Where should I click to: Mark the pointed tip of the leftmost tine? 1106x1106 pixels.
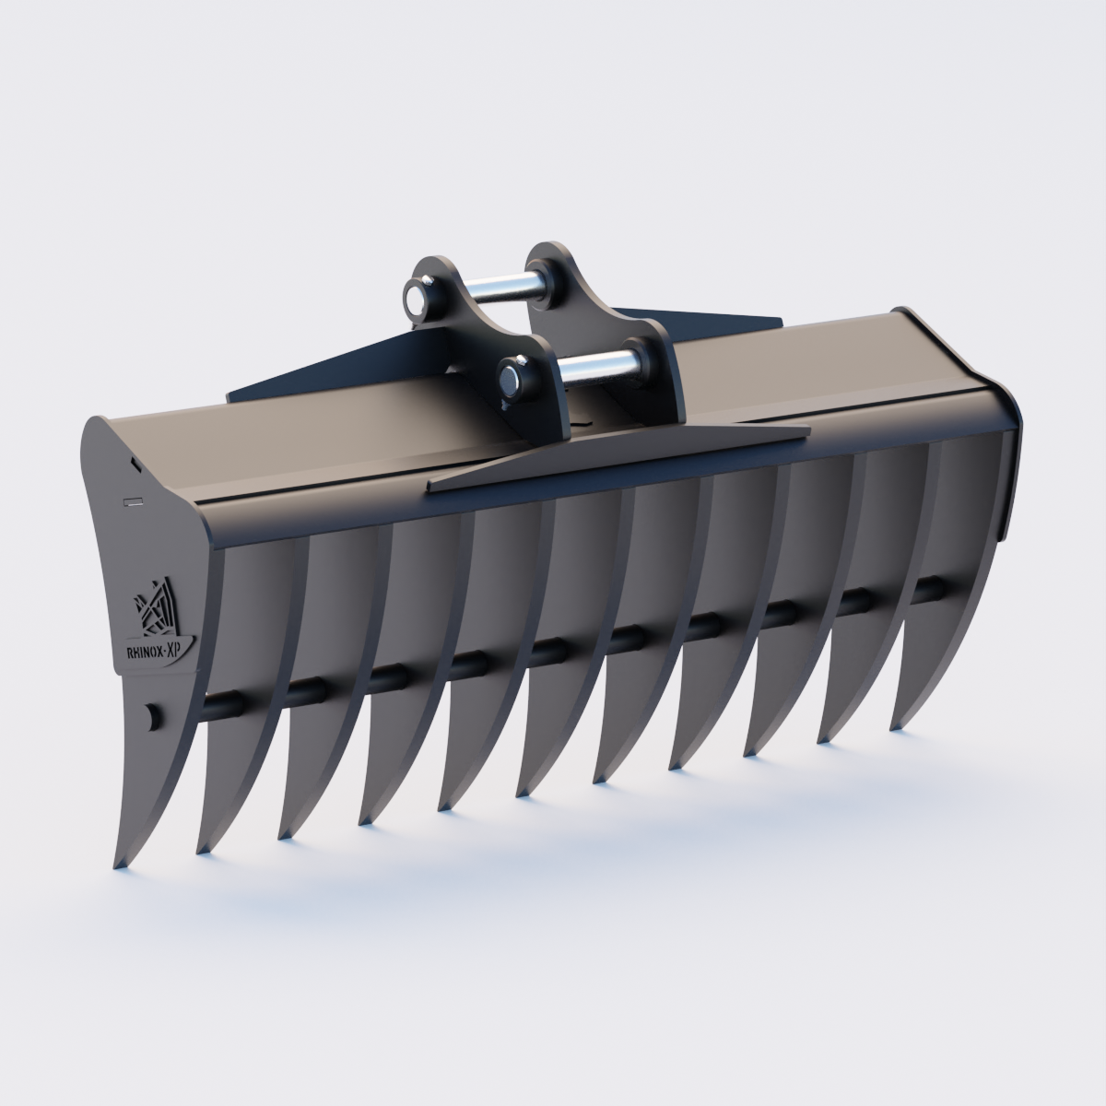tap(117, 866)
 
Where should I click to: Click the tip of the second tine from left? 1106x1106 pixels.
tap(199, 850)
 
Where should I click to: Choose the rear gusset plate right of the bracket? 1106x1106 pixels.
tap(700, 319)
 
